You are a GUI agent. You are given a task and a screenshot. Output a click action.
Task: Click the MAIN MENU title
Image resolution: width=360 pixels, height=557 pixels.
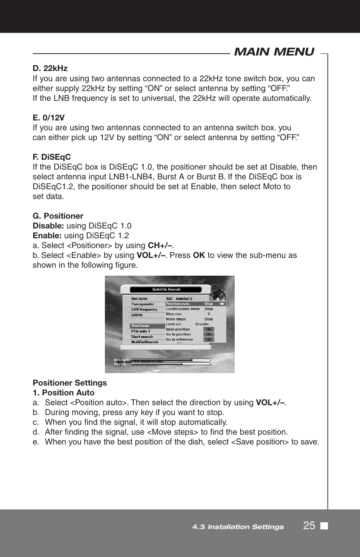point(274,52)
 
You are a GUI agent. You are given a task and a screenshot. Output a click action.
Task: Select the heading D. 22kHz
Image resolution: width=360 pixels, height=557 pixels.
point(50,68)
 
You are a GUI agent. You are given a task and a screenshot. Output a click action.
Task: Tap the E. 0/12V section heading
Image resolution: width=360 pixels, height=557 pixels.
point(49,118)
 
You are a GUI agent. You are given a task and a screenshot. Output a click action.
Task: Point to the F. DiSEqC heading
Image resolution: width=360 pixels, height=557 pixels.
point(52,157)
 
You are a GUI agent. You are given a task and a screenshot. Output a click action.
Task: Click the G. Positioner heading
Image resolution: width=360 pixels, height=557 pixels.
point(58,216)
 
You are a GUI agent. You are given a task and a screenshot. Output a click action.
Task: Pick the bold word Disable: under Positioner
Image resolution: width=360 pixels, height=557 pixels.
point(48,226)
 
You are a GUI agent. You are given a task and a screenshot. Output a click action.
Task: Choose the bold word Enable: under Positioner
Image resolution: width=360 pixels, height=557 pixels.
point(47,236)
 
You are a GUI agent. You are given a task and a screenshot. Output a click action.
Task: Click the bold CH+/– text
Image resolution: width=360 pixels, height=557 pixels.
point(160,245)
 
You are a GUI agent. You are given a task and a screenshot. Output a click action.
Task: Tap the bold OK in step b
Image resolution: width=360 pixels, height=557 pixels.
point(199,255)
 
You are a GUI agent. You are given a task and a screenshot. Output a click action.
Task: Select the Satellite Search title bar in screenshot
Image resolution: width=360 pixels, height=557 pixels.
point(166,290)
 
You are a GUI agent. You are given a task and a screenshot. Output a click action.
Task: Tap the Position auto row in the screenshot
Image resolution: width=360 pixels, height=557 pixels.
point(195,304)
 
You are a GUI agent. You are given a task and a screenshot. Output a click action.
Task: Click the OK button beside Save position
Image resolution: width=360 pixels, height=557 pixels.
point(209,329)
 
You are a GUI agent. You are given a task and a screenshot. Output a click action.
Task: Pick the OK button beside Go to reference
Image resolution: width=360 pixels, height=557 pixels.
point(209,339)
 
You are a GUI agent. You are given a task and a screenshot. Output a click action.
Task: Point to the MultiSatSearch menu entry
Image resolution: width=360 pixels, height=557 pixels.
point(145,342)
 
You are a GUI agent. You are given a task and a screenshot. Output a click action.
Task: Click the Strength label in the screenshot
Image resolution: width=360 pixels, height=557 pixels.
point(121,360)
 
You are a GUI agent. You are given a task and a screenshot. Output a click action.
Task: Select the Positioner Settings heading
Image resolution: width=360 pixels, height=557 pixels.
point(70,383)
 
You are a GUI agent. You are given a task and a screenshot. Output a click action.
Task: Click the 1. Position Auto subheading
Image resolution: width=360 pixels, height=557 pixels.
point(63,393)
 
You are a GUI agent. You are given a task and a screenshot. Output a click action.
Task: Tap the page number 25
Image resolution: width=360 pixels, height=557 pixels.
point(309,526)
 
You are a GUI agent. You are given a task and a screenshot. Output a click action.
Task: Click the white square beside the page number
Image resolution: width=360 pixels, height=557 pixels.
point(324,526)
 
